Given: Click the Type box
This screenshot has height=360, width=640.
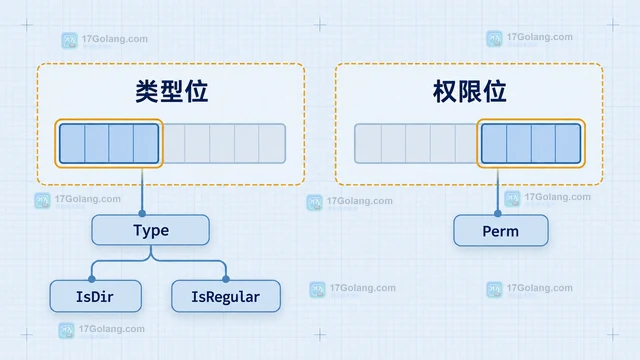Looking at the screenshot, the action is (151, 230).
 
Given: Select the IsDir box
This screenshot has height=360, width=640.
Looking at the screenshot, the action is (96, 296).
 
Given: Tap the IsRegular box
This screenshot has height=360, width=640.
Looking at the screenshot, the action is (226, 296).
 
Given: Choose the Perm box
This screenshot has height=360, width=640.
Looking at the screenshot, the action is (501, 231).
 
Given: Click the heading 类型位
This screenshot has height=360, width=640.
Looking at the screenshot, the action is (171, 91).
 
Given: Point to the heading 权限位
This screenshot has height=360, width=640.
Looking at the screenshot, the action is (469, 91).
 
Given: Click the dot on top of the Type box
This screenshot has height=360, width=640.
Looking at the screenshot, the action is (142, 213).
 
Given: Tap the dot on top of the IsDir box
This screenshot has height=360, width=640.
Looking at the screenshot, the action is (92, 279).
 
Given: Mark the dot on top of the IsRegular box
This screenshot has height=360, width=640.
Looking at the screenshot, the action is (226, 279).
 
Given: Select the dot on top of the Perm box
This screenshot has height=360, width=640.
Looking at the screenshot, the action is (498, 213).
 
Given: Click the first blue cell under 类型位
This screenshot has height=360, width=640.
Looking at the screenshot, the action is (72, 143).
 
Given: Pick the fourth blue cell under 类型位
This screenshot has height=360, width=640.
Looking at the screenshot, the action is (146, 143).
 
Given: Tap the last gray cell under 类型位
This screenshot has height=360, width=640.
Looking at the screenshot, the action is (272, 143).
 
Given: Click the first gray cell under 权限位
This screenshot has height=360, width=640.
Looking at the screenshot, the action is (368, 143).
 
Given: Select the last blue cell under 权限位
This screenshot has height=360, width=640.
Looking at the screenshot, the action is (568, 143).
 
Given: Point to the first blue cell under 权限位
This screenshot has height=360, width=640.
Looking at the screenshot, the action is (494, 143).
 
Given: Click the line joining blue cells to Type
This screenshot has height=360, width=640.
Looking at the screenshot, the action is (142, 189).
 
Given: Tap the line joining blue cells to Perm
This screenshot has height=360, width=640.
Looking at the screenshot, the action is (498, 189).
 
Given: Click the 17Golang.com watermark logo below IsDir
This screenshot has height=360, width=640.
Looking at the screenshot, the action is (67, 331).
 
